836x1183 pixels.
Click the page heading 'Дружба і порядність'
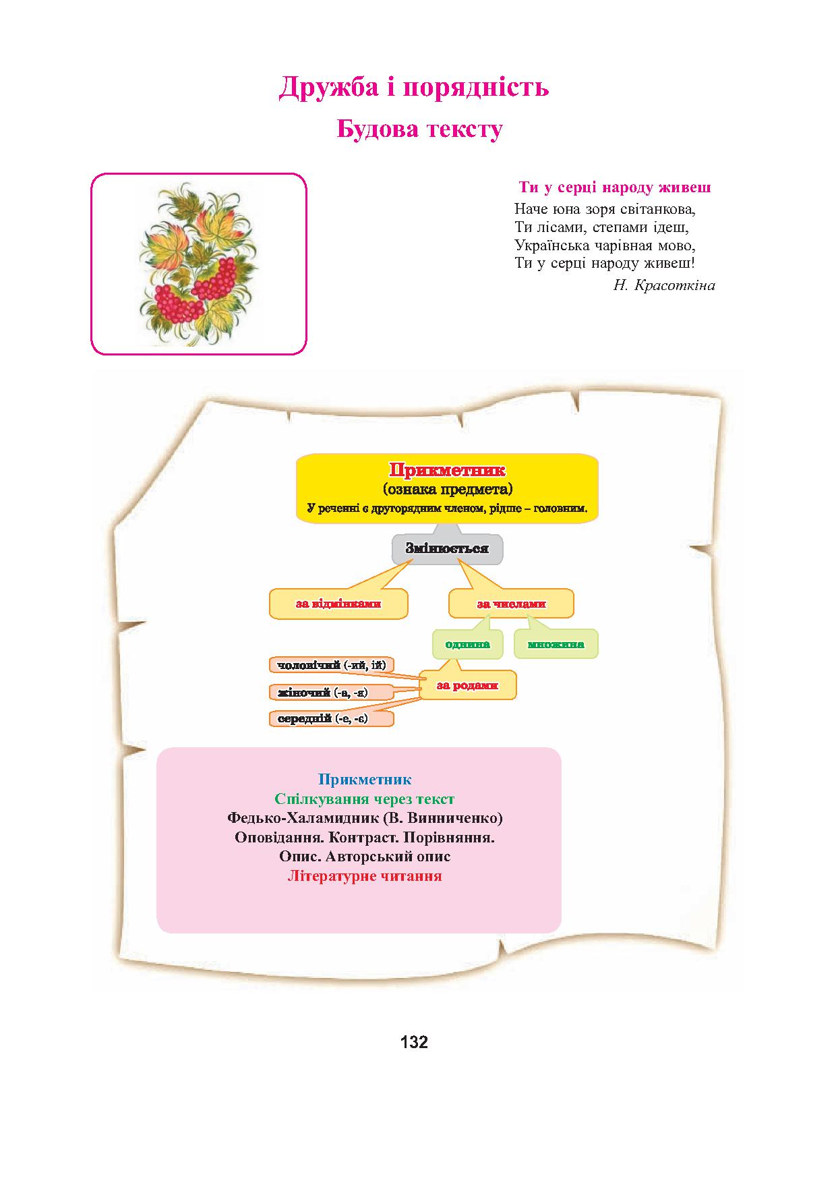[x=414, y=87]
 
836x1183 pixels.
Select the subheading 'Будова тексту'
[x=419, y=129]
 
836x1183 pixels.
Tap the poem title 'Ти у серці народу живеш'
[x=615, y=187]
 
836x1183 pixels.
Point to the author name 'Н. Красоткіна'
[x=664, y=285]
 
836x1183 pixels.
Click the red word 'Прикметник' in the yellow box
[x=447, y=470]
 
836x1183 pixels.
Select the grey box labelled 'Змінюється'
[x=447, y=548]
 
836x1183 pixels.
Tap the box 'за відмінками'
[x=338, y=604]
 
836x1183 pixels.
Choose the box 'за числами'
[x=511, y=604]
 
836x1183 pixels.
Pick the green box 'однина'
[x=467, y=643]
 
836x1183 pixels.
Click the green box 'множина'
[x=556, y=643]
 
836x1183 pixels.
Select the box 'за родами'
[x=467, y=685]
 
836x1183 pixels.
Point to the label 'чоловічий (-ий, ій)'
[x=331, y=665]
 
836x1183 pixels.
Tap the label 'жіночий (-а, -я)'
[x=331, y=692]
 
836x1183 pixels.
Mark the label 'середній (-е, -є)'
[x=331, y=718]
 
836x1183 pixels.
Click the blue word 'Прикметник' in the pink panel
[x=365, y=780]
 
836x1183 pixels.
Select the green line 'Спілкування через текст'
[x=365, y=799]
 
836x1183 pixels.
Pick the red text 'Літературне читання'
[x=365, y=876]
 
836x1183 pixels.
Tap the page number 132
[x=414, y=1042]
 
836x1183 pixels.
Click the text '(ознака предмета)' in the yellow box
[x=447, y=489]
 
